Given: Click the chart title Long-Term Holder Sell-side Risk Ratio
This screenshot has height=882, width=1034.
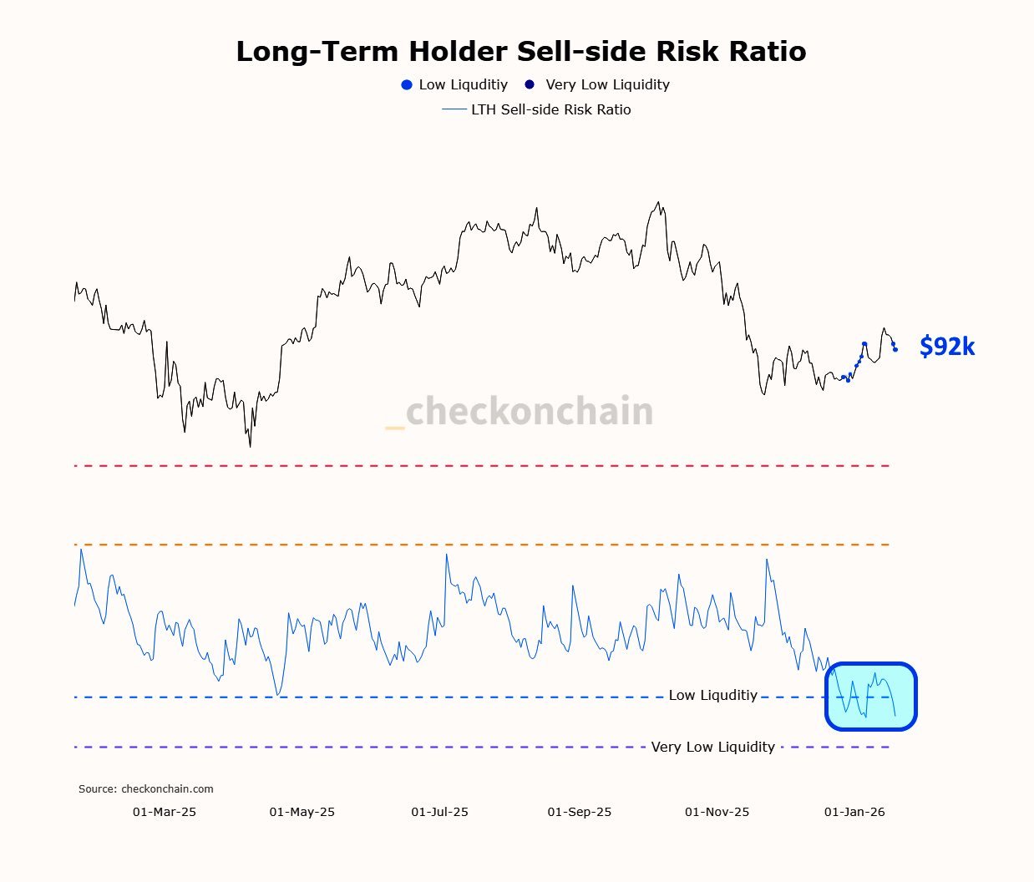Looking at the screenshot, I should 520,52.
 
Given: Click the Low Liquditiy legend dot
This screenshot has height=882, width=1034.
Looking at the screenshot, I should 407,85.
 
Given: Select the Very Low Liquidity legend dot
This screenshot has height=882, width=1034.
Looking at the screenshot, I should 530,84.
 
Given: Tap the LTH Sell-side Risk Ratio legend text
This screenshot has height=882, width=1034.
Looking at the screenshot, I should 550,110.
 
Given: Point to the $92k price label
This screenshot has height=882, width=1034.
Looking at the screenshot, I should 946,347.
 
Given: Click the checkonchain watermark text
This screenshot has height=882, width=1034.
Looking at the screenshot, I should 529,412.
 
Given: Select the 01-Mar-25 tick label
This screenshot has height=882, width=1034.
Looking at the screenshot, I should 165,812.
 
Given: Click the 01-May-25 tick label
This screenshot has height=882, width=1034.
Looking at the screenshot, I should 302,812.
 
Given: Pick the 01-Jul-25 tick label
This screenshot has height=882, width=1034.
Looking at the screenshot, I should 439,812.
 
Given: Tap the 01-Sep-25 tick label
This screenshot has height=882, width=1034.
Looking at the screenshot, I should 579,812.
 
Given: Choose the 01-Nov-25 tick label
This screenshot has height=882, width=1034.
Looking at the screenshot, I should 717,812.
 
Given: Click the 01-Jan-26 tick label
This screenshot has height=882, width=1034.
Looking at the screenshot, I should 854,812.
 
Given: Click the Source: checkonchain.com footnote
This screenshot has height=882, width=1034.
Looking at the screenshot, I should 146,789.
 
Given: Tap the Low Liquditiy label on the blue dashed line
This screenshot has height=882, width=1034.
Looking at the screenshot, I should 712,696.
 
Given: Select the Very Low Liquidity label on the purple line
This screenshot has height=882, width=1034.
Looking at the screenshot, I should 712,748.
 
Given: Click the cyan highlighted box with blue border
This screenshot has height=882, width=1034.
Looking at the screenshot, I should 871,697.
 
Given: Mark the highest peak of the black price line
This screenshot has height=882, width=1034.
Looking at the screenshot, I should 659,202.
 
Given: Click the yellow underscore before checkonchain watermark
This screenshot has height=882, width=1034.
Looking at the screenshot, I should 394,428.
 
